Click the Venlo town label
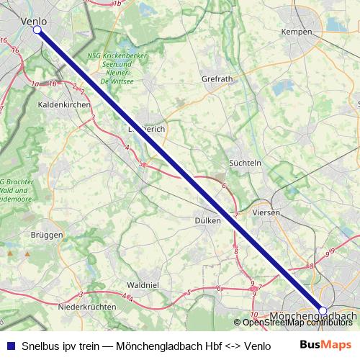[35, 22]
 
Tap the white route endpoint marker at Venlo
[37, 30]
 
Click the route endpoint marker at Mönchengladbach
[323, 310]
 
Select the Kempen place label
[297, 32]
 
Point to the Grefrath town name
[217, 78]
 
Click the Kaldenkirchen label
[63, 104]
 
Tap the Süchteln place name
[244, 163]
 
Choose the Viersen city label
[266, 212]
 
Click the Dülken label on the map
[207, 220]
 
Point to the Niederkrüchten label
[86, 306]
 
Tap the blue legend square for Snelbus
[11, 345]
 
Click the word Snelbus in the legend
[42, 345]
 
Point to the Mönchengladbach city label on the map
[314, 316]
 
